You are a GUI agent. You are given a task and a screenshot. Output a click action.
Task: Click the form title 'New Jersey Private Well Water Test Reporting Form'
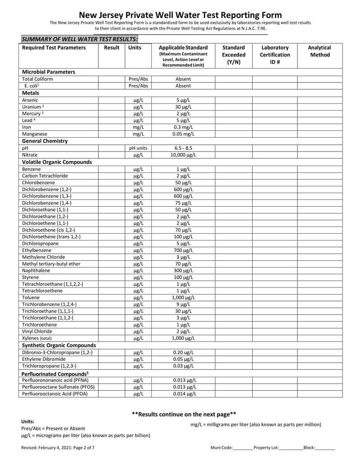pos(180,15)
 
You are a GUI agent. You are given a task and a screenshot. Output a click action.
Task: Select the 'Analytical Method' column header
pos(319,51)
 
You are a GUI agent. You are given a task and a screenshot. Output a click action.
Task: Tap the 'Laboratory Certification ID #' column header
pos(275,55)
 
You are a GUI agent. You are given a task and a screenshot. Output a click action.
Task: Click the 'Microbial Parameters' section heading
pos(49,72)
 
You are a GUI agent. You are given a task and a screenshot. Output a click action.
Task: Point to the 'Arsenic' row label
pos(30,100)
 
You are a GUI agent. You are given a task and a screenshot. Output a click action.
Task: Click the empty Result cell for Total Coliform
pos(111,79)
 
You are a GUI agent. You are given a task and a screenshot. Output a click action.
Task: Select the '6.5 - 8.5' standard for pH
pos(183,148)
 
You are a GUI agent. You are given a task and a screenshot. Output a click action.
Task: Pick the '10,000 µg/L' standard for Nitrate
pos(183,155)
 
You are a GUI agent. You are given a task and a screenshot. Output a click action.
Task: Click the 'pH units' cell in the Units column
pos(138,148)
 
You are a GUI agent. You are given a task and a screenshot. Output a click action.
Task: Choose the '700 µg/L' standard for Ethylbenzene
pos(183,250)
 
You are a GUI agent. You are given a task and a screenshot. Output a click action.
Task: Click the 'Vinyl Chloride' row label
pos(37,331)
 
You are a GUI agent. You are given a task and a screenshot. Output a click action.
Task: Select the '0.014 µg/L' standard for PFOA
pos(183,394)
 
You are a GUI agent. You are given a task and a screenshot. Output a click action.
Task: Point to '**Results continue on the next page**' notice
pos(184,414)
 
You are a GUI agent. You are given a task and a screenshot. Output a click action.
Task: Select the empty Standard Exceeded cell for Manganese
pos(233,134)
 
